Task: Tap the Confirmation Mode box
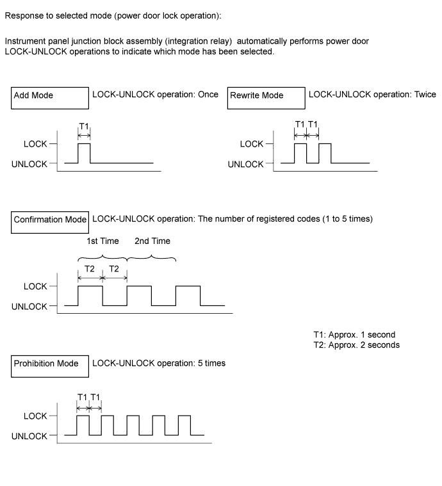(50, 220)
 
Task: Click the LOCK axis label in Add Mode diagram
(35, 144)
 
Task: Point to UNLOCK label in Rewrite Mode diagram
(245, 164)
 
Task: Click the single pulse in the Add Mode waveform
(84, 154)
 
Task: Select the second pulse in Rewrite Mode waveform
(325, 154)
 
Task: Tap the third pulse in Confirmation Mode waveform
(188, 296)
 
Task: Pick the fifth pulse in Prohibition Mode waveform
(184, 426)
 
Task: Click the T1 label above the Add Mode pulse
(84, 126)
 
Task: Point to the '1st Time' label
(102, 241)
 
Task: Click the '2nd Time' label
(152, 241)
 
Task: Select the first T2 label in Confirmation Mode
(89, 269)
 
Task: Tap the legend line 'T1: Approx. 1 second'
(354, 335)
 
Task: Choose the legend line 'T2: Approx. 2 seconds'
(356, 345)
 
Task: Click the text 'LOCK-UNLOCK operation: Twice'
(372, 95)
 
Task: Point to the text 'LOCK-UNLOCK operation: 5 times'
(159, 364)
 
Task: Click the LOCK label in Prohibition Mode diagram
(35, 416)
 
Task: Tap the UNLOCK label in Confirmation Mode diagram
(29, 307)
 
